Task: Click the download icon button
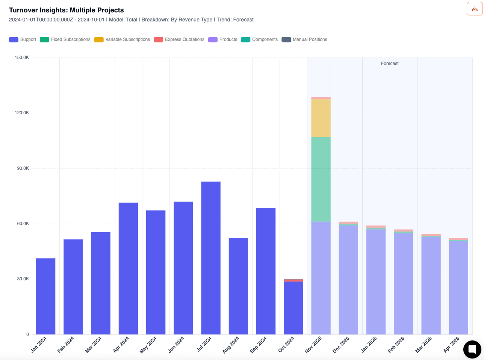(475, 9)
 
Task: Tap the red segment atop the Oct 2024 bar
(293, 280)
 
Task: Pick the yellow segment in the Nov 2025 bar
(321, 118)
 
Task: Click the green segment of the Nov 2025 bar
(321, 179)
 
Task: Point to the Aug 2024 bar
(238, 286)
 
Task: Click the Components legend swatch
(245, 40)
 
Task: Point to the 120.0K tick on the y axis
(22, 113)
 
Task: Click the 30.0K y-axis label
(22, 279)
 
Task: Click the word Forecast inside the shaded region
(390, 64)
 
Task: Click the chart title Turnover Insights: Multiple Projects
(67, 10)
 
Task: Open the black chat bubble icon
(472, 349)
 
